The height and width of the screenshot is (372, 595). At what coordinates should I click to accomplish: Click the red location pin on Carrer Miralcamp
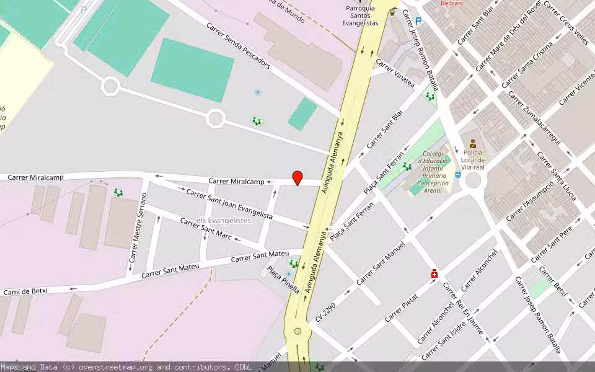coord(297,178)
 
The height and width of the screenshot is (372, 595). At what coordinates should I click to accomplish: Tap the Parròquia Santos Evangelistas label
coord(360,15)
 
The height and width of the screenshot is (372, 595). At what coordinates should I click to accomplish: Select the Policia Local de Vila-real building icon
coord(473,144)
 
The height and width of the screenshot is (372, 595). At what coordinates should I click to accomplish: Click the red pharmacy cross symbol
coord(434,273)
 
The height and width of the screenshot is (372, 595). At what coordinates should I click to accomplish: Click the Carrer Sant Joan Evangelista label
coord(229,205)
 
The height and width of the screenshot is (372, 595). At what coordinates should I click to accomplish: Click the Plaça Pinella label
coord(283,280)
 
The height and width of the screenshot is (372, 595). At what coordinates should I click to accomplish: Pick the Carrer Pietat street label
coord(401,308)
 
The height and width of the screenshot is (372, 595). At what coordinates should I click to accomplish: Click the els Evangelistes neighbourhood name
coord(223,220)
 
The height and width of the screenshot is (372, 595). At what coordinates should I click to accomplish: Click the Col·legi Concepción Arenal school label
coord(432,172)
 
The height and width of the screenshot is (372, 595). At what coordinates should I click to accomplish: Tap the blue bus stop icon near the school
coord(458,175)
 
